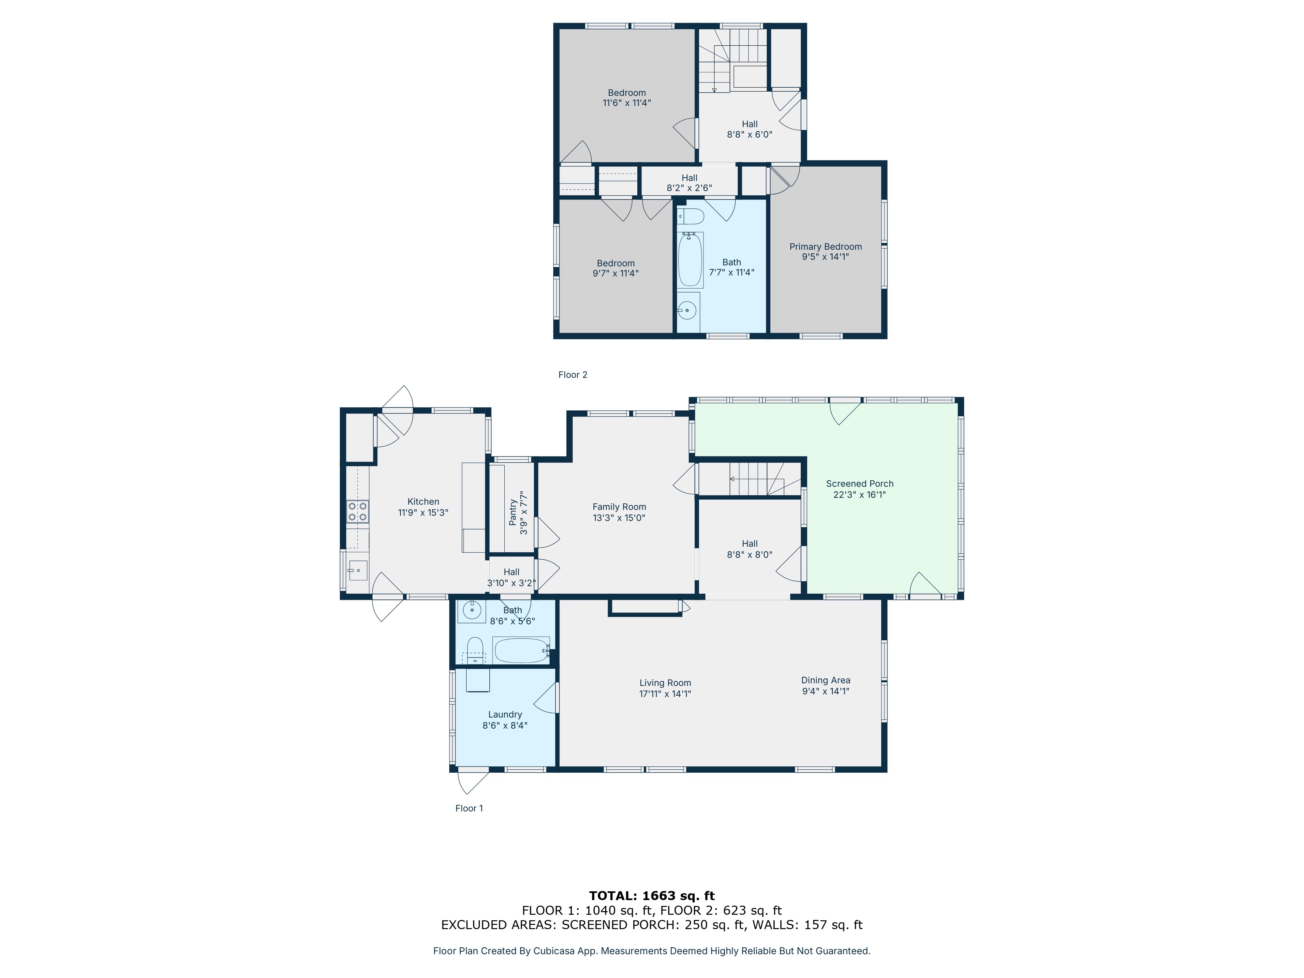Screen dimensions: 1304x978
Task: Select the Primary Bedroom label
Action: pos(825,246)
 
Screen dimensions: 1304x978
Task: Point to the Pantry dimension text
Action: pos(524,513)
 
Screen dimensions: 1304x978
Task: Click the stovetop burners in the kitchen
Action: pos(357,511)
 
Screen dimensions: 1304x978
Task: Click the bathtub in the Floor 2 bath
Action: pos(690,260)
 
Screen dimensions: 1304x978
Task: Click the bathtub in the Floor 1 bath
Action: pos(522,650)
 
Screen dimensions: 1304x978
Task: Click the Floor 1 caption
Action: pos(469,808)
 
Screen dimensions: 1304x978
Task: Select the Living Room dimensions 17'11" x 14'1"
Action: pos(665,694)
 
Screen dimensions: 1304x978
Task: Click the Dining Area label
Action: pos(825,680)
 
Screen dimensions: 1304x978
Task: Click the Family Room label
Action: pos(619,507)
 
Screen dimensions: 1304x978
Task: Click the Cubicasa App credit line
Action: pos(651,951)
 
